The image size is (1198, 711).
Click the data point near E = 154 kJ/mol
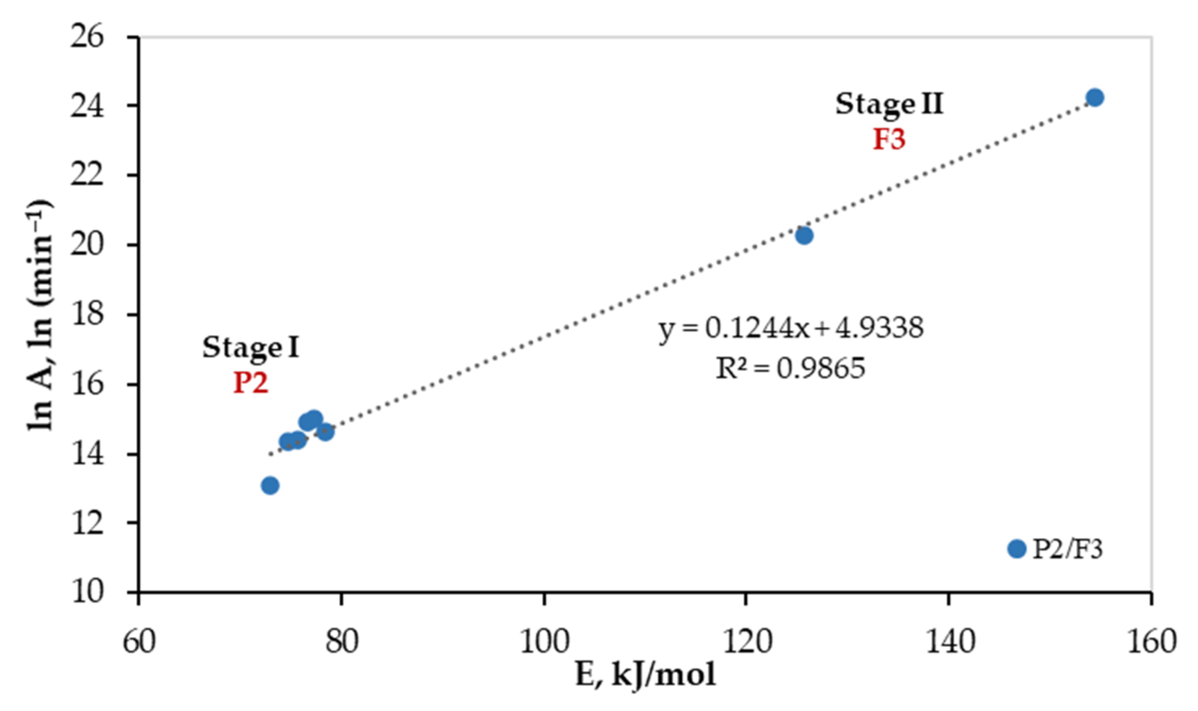pyautogui.click(x=1095, y=97)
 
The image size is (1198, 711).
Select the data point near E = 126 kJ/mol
pyautogui.click(x=804, y=235)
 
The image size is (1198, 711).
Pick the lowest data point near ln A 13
pyautogui.click(x=270, y=485)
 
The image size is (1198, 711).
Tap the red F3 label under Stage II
pyautogui.click(x=889, y=140)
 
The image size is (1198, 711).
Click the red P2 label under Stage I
pyautogui.click(x=250, y=383)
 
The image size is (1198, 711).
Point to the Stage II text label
pyautogui.click(x=889, y=104)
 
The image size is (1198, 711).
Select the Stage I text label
pyautogui.click(x=250, y=347)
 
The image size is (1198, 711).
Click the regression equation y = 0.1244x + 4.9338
pyautogui.click(x=791, y=329)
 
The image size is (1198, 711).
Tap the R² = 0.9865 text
pyautogui.click(x=791, y=368)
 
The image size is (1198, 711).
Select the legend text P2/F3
pyautogui.click(x=1067, y=549)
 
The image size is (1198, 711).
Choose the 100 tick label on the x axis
pyautogui.click(x=544, y=642)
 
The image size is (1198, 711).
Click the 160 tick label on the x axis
pyautogui.click(x=1151, y=642)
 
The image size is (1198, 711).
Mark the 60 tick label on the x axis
pyautogui.click(x=139, y=642)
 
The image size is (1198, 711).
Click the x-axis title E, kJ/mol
pyautogui.click(x=645, y=676)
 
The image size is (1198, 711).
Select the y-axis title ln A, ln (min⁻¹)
pyautogui.click(x=40, y=315)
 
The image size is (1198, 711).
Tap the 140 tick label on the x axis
pyautogui.click(x=949, y=642)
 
